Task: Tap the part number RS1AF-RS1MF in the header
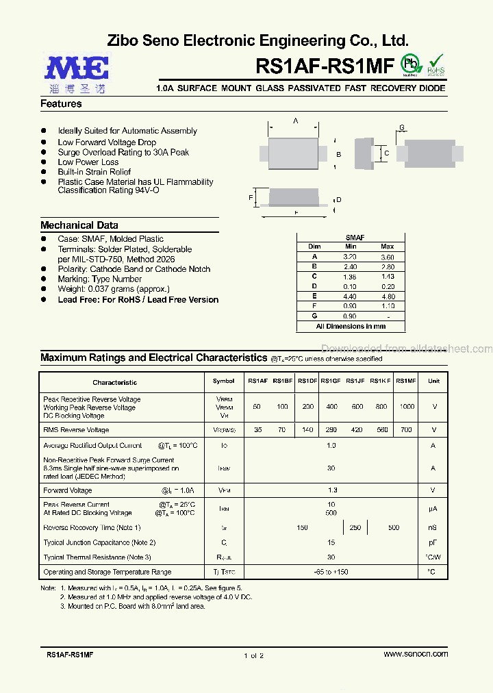pos(325,66)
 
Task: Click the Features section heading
pos(61,104)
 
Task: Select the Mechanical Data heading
pos(79,225)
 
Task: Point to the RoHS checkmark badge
pos(435,64)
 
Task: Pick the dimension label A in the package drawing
pos(296,121)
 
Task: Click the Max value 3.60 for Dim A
pos(387,256)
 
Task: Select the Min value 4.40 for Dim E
pos(350,297)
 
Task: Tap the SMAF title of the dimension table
pos(355,238)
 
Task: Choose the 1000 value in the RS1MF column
pos(407,407)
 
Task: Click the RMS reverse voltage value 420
pos(357,430)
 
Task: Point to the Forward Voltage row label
pos(67,490)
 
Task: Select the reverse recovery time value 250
pos(355,527)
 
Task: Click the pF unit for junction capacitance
pos(433,542)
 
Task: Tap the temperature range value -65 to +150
pos(331,572)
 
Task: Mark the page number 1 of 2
pos(253,655)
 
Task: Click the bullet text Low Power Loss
pos(88,162)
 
